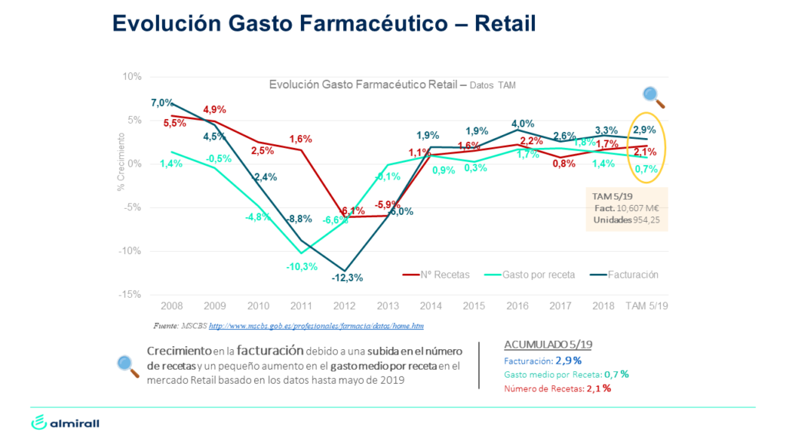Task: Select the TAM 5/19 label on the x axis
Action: tap(646, 305)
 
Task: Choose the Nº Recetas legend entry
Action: tap(441, 274)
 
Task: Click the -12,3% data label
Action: tap(347, 277)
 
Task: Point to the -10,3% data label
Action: tap(302, 266)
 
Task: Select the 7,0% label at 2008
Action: tap(163, 103)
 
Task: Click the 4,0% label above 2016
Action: tap(522, 124)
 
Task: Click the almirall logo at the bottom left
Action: tap(65, 423)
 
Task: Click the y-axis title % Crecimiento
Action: tap(121, 161)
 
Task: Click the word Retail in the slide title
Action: tap(505, 23)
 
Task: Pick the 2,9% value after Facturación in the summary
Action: tap(569, 360)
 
